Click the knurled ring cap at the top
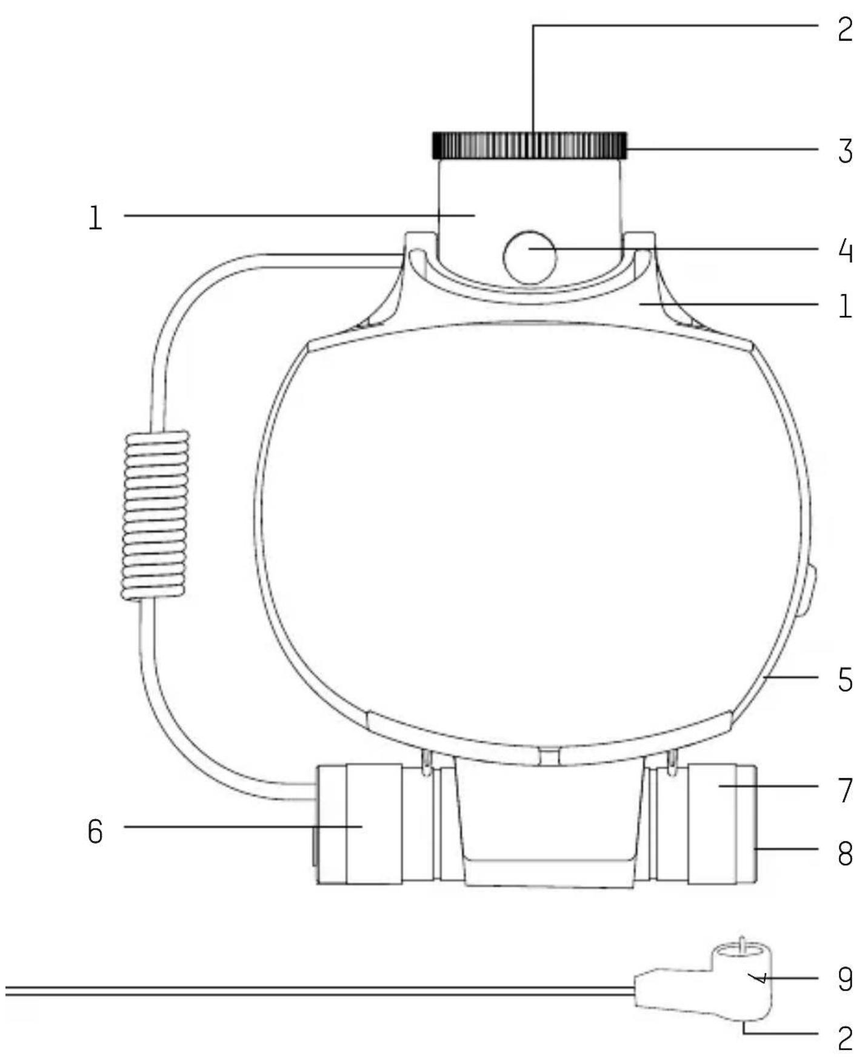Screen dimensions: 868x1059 529,146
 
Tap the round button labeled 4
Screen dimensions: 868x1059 530,257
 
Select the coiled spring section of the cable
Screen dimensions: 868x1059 156,516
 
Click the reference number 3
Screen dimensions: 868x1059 846,151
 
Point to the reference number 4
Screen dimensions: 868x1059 846,250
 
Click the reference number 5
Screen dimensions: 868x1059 846,680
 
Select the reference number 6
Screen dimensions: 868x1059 95,831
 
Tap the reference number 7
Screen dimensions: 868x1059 846,790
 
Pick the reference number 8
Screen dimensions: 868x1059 846,853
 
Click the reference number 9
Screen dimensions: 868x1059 846,979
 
